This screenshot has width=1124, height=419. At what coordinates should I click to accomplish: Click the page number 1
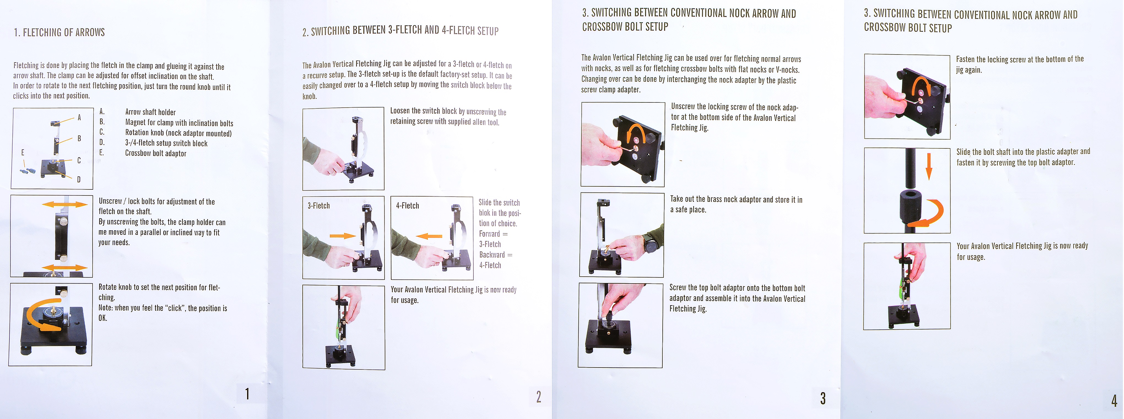click(x=247, y=394)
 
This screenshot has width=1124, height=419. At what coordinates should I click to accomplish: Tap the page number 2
click(x=539, y=396)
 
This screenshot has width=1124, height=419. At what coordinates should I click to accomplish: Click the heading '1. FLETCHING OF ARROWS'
click(x=59, y=32)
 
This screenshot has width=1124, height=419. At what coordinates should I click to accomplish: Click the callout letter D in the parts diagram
click(x=78, y=179)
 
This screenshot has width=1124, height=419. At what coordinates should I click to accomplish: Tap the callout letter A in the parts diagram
click(x=79, y=117)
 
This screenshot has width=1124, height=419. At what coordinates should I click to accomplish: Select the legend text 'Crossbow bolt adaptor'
click(x=156, y=153)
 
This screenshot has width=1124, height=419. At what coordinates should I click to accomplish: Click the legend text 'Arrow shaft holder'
click(x=151, y=112)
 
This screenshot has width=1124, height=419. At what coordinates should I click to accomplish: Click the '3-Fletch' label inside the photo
click(x=319, y=205)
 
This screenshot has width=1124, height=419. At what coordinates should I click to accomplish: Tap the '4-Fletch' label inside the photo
click(x=408, y=205)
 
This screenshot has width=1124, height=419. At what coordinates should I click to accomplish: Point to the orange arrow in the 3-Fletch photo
click(x=343, y=236)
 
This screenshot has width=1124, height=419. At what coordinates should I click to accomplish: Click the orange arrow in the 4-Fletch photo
click(x=429, y=236)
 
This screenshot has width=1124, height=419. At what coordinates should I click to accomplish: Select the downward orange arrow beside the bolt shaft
click(x=929, y=167)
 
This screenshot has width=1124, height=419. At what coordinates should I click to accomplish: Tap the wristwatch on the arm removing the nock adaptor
click(x=651, y=244)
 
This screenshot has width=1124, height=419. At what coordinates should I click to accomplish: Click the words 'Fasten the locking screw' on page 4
click(x=991, y=59)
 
